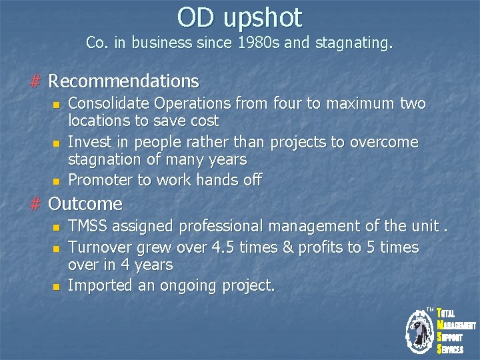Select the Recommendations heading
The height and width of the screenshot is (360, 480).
pos(124,81)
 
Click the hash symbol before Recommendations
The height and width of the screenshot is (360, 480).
pos(36,81)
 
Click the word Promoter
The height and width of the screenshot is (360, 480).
pos(100,179)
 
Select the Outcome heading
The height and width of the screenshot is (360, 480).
pos(86,203)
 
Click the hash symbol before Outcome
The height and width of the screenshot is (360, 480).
pos(36,203)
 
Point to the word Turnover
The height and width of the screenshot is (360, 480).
pos(101,247)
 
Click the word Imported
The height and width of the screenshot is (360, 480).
pos(99,285)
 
